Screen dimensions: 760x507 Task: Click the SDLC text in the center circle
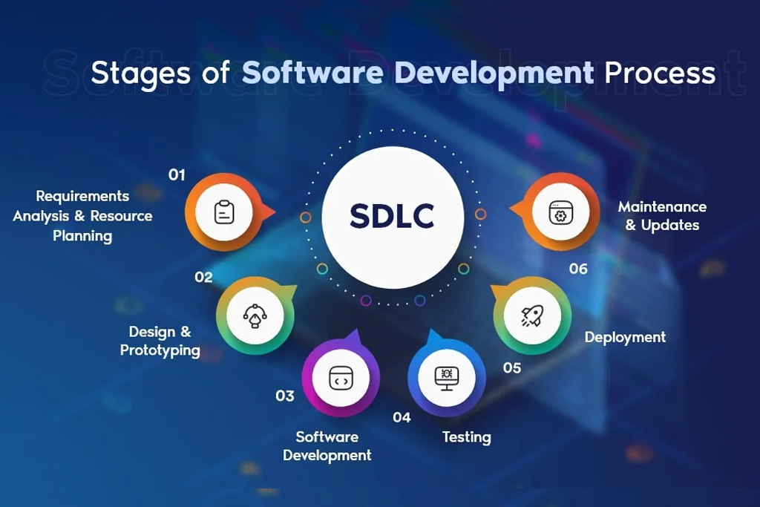(x=392, y=216)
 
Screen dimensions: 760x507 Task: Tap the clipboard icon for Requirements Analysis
(x=224, y=212)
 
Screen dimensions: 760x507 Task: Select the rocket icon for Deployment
(x=532, y=315)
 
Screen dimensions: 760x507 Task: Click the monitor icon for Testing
(x=446, y=378)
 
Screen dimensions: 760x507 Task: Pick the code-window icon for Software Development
(x=341, y=378)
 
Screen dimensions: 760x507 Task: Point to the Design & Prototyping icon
(x=255, y=316)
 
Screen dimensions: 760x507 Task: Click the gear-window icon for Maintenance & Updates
(x=561, y=212)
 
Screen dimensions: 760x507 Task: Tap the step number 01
(x=177, y=174)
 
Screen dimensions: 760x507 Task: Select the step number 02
(x=203, y=277)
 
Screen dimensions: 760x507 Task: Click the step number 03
(x=285, y=396)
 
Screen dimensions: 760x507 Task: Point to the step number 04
(x=402, y=417)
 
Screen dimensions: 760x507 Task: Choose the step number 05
(x=512, y=368)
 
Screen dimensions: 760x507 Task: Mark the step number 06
(x=578, y=269)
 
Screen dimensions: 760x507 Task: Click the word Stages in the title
(x=140, y=73)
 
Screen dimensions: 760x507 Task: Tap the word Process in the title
(x=660, y=73)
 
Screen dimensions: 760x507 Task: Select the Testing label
(x=466, y=437)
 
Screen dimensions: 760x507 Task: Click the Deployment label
(x=625, y=337)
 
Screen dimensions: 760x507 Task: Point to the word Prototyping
(x=160, y=350)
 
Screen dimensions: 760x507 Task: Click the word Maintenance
(x=662, y=207)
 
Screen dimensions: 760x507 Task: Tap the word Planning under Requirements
(x=82, y=236)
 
